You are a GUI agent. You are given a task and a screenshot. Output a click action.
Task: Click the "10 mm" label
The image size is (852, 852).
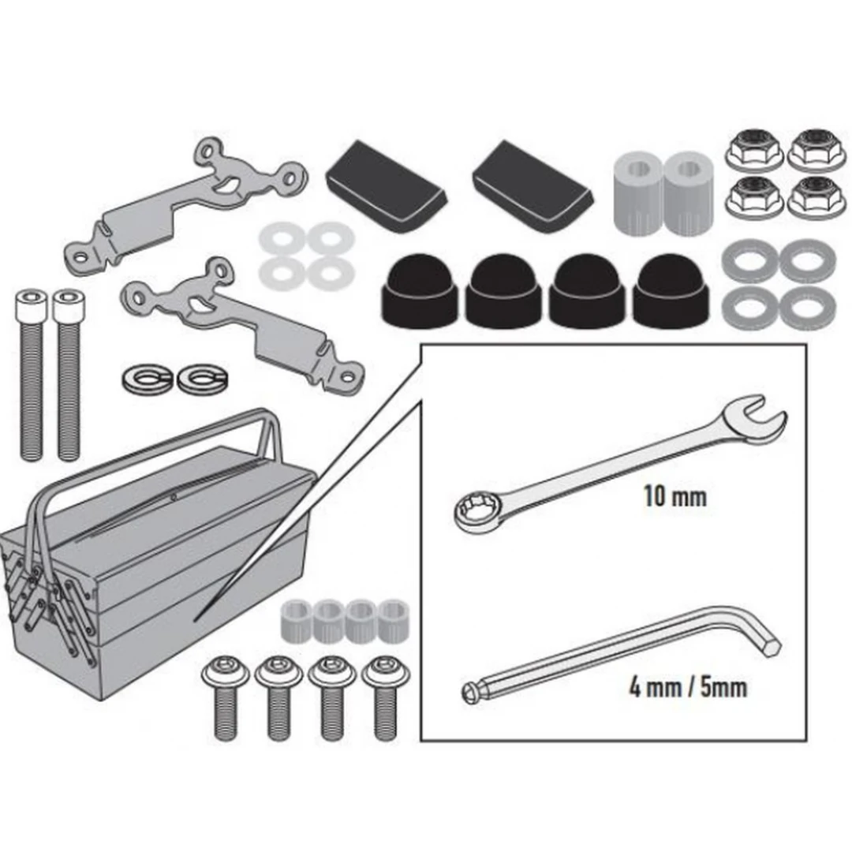674,497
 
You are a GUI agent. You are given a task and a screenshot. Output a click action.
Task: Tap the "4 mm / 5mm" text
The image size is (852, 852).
688,687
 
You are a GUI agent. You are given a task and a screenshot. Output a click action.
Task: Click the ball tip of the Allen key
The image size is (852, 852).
470,692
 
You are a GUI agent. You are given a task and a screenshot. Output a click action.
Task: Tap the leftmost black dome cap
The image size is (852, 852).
420,290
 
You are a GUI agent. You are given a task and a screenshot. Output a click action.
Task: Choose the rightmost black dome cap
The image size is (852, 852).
671,290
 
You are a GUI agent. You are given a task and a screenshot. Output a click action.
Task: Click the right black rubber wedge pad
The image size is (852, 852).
532,186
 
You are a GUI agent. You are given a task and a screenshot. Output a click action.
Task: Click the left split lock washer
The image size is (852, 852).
148,379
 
